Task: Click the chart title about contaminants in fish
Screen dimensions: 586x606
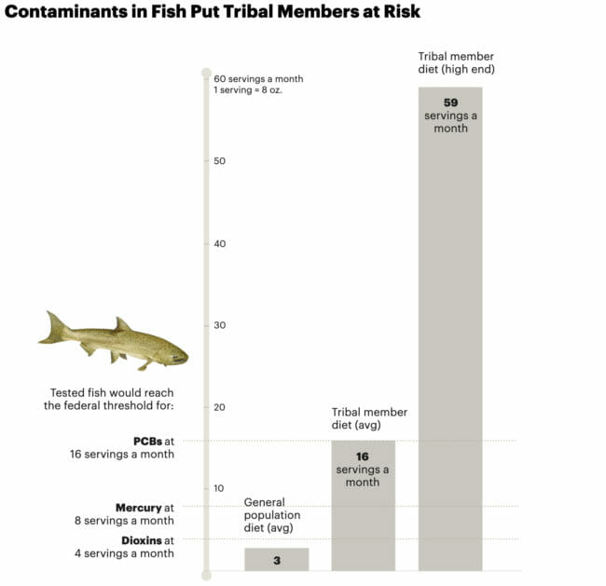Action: [213, 12]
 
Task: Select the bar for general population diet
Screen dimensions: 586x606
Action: [276, 559]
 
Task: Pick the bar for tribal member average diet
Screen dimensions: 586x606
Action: [364, 522]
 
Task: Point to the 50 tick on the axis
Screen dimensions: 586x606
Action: [220, 161]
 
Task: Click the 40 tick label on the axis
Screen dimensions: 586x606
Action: [220, 243]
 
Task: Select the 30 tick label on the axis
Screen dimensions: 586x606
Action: [220, 325]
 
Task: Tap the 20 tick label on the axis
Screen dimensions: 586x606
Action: [220, 407]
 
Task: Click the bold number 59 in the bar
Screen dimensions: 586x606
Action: [450, 102]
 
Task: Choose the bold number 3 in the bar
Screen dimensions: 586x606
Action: [277, 561]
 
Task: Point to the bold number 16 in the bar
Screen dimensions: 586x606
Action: [364, 456]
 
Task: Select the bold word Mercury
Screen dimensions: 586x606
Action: [138, 508]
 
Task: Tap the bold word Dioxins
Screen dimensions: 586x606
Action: [142, 540]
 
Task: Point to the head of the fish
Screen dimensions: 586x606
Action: [172, 353]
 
